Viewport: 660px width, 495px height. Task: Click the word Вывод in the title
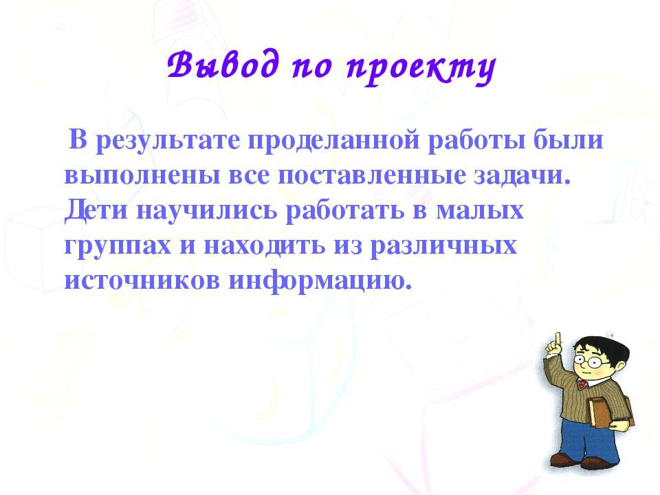click(223, 65)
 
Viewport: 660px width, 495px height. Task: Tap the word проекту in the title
click(421, 67)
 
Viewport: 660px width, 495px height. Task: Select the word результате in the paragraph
click(168, 140)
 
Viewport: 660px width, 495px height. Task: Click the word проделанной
click(334, 140)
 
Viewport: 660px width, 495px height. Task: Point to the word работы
click(476, 140)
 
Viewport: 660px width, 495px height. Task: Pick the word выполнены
click(142, 175)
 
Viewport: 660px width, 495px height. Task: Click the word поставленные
click(371, 175)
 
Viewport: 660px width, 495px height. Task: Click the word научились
click(207, 211)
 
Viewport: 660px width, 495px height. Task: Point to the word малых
click(480, 211)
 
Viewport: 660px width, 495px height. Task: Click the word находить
click(264, 246)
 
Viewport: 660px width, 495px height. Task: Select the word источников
click(142, 280)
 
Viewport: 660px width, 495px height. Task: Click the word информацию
click(320, 281)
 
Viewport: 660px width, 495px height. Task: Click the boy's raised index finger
click(558, 339)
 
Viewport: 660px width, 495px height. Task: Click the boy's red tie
click(582, 384)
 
